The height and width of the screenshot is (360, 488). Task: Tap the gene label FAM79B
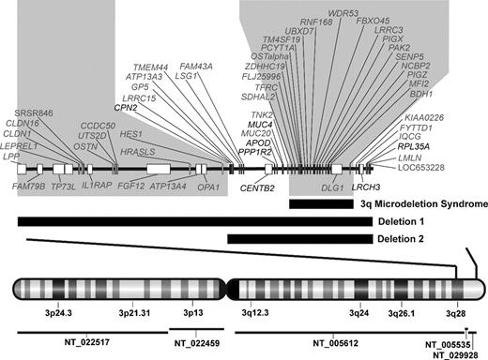coord(28,187)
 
